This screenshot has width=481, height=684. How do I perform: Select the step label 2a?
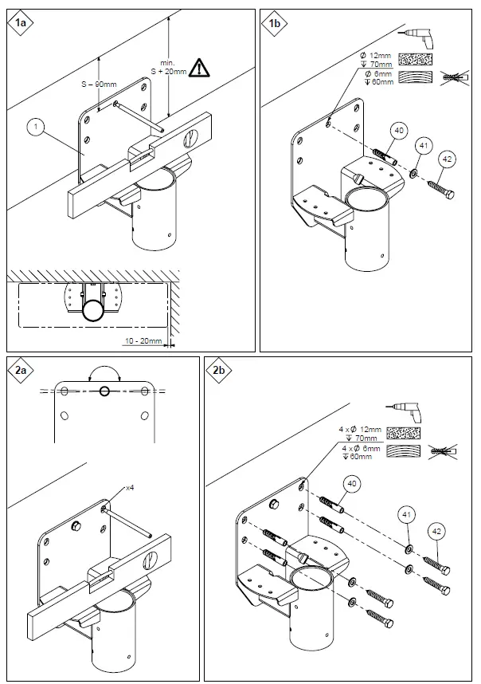[22, 371]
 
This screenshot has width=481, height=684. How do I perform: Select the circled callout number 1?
[34, 125]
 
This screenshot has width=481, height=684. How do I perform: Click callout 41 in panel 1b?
[421, 145]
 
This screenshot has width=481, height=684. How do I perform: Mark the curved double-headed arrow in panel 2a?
[104, 372]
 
